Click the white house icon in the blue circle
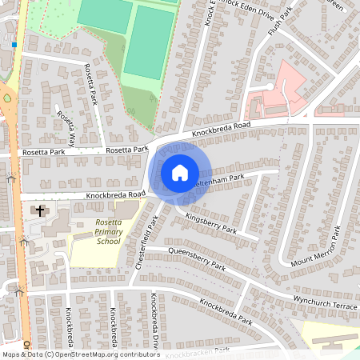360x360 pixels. pos(179,172)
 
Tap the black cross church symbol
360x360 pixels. pos(38,211)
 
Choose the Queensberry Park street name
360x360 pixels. pos(196,258)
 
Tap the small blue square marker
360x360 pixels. pos(14,46)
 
